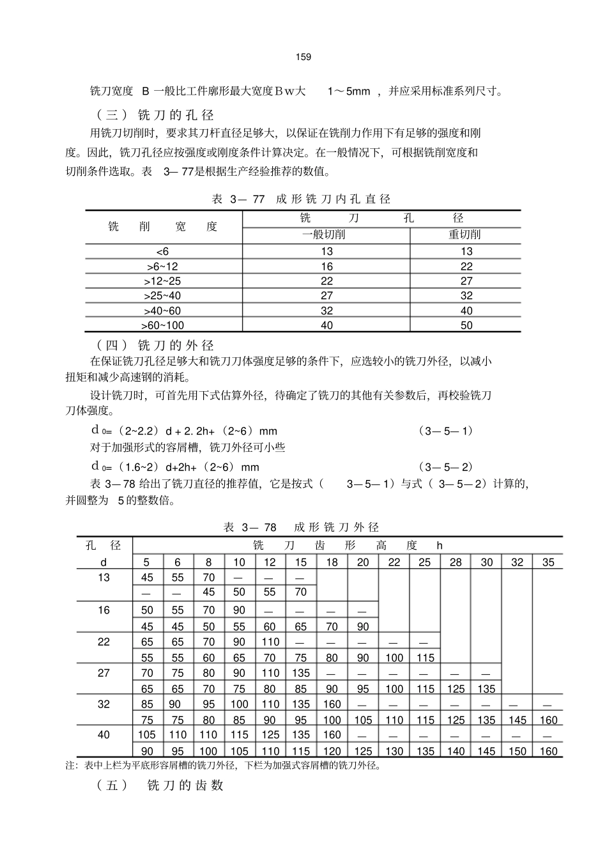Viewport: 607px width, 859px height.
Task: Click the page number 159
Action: (x=303, y=58)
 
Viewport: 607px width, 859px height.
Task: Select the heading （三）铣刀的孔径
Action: (x=155, y=115)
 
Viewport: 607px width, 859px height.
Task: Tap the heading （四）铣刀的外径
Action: (x=155, y=346)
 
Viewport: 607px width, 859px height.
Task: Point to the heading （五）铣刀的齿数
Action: (x=160, y=785)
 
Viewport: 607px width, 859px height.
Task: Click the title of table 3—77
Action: (x=301, y=199)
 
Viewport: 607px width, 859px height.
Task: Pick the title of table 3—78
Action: (x=301, y=527)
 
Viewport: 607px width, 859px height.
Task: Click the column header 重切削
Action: (x=465, y=235)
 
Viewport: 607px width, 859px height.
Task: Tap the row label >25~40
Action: (x=163, y=296)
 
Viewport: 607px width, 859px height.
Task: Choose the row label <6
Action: (x=163, y=251)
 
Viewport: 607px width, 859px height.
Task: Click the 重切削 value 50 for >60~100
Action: (x=466, y=325)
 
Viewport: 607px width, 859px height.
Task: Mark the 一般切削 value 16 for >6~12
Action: (x=327, y=267)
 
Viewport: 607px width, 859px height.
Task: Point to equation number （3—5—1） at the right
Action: (x=446, y=431)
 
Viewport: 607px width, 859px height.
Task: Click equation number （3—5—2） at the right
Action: (x=446, y=467)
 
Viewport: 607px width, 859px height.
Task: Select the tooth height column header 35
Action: (x=548, y=562)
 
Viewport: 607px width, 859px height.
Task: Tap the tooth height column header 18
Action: (x=332, y=562)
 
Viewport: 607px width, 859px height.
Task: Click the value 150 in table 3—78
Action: (x=517, y=751)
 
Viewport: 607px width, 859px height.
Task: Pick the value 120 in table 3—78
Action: (x=332, y=751)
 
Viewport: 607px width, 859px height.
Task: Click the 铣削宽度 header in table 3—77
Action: (x=163, y=226)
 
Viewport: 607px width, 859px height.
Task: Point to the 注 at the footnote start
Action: (x=70, y=766)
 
